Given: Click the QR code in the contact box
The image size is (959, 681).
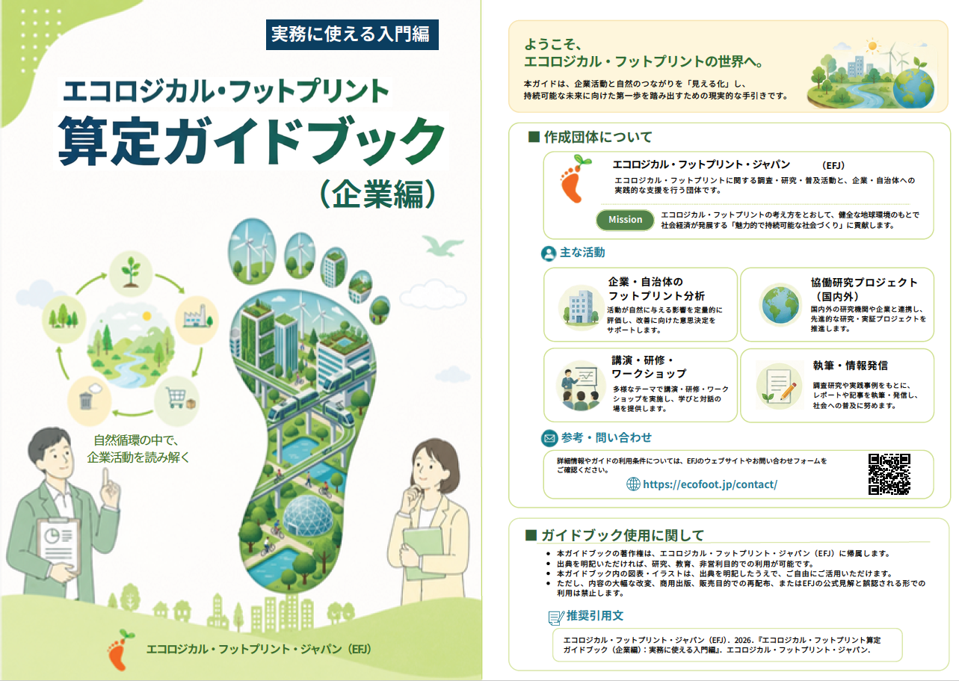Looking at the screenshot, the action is (x=889, y=474).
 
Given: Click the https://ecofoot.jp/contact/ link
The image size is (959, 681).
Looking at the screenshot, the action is (x=710, y=484).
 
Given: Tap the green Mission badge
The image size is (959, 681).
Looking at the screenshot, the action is (x=625, y=220).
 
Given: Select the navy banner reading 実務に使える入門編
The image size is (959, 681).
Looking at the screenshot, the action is (x=352, y=34).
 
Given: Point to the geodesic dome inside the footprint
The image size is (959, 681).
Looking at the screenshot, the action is (x=308, y=515).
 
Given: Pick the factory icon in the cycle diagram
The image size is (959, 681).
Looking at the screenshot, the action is (x=197, y=317).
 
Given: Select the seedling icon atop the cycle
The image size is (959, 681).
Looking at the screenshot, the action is (x=131, y=271).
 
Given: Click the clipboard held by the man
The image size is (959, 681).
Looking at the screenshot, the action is (x=58, y=543).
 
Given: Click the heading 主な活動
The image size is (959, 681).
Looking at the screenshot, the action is (x=582, y=253).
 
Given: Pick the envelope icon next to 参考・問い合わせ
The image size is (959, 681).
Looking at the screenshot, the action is (x=549, y=438).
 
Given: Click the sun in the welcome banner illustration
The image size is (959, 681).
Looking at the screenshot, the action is (x=872, y=46).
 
